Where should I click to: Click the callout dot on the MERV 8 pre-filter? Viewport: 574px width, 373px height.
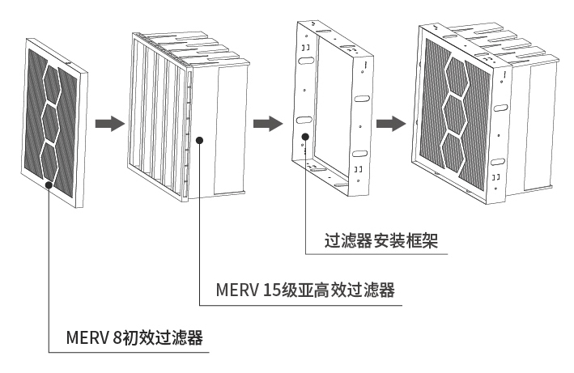point(49,185)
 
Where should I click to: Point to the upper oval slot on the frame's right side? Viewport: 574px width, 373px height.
point(362,98)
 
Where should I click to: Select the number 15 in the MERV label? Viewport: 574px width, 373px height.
point(272,290)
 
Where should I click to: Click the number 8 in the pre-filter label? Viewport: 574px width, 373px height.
point(118,336)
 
